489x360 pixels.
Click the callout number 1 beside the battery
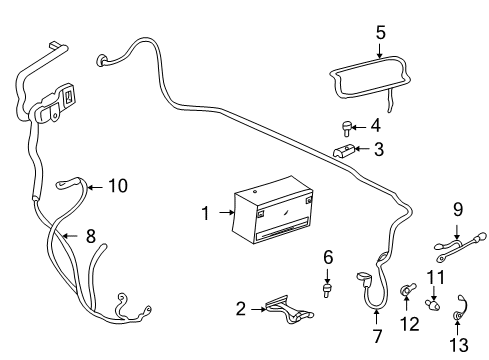point(205,213)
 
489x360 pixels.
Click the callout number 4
point(375,126)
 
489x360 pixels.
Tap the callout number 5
point(380,33)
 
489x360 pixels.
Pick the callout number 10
point(118,185)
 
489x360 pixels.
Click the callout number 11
point(435,276)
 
